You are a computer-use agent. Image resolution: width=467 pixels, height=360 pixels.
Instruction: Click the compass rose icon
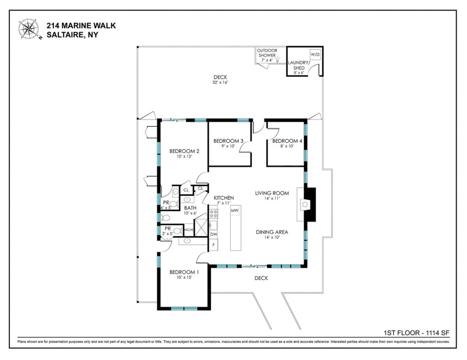pyautogui.click(x=29, y=29)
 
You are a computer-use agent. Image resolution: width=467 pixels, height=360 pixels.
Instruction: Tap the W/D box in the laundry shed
pyautogui.click(x=315, y=55)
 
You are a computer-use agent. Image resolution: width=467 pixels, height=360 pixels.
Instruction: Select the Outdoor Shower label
pyautogui.click(x=267, y=53)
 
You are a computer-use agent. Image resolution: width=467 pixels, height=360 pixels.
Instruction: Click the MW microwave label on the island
pyautogui.click(x=235, y=210)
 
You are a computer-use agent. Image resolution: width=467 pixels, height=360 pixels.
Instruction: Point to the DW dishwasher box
pyautogui.click(x=213, y=235)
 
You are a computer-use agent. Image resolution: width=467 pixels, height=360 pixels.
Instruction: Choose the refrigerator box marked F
pyautogui.click(x=213, y=245)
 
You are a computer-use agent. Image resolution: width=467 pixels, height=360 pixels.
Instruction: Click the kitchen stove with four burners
pyautogui.click(x=213, y=214)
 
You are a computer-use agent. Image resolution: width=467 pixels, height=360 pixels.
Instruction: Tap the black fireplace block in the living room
pyautogui.click(x=311, y=204)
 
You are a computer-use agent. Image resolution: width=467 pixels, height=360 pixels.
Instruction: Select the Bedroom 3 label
pyautogui.click(x=228, y=141)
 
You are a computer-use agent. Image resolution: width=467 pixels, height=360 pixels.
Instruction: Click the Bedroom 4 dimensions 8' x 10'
pyautogui.click(x=287, y=146)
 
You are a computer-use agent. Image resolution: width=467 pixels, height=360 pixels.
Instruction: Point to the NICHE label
pyautogui.click(x=189, y=230)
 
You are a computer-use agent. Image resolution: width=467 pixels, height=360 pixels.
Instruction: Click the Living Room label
pyautogui.click(x=272, y=193)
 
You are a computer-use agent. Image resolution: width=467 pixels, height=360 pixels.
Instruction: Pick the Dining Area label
pyautogui.click(x=272, y=232)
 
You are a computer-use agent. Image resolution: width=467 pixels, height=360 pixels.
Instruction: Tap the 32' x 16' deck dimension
pyautogui.click(x=220, y=83)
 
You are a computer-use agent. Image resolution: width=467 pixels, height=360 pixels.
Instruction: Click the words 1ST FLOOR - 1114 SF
pyautogui.click(x=416, y=333)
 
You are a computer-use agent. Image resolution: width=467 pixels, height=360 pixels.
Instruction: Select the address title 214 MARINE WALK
pyautogui.click(x=81, y=26)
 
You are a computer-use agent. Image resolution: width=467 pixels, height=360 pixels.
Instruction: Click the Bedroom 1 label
pyautogui.click(x=184, y=272)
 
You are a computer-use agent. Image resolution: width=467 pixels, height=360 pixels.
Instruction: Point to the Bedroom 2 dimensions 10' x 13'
pyautogui.click(x=184, y=156)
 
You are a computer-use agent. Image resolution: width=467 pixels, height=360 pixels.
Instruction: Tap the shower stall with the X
pyautogui.click(x=201, y=227)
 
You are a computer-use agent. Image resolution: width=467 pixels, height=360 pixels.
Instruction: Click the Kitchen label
pyautogui.click(x=223, y=198)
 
